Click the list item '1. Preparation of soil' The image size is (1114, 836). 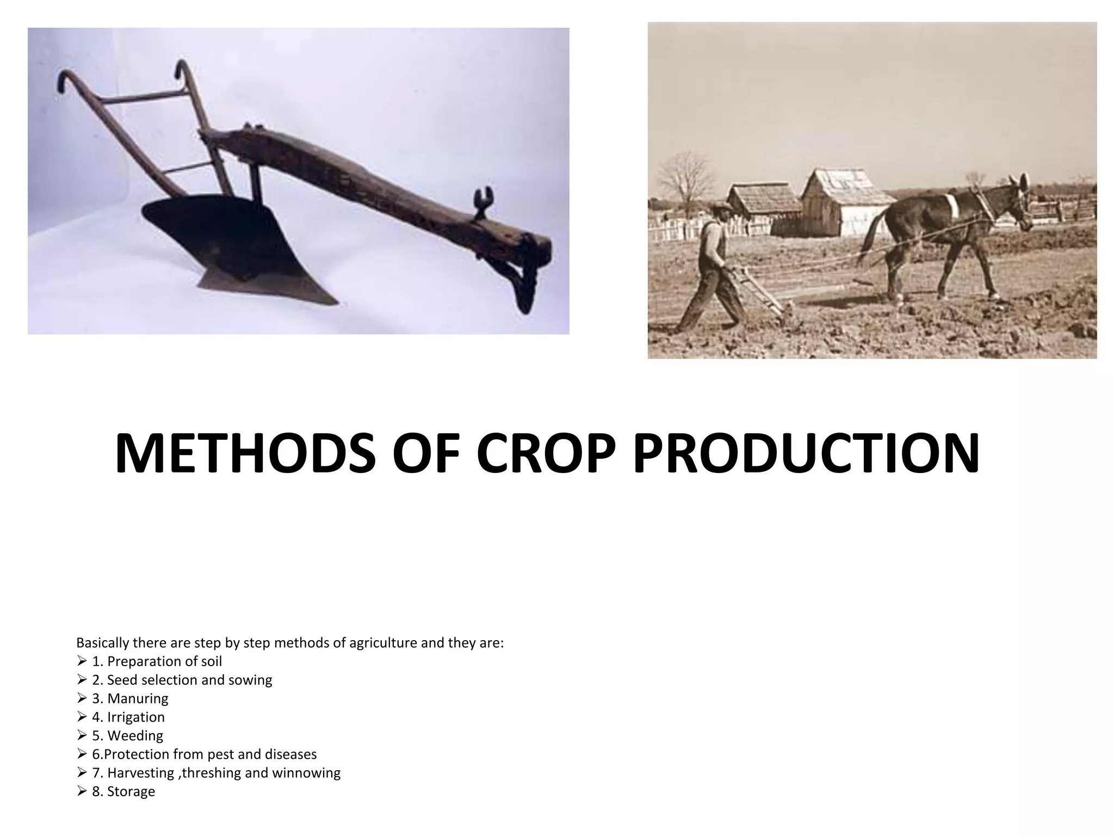pyautogui.click(x=157, y=661)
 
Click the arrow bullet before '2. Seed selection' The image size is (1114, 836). pyautogui.click(x=82, y=680)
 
